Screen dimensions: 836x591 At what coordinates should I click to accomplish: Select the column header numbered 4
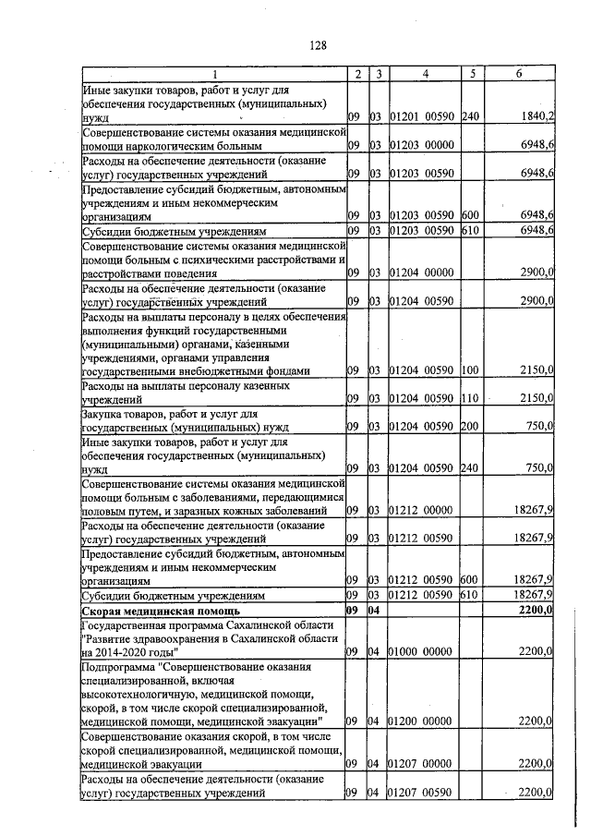(424, 74)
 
